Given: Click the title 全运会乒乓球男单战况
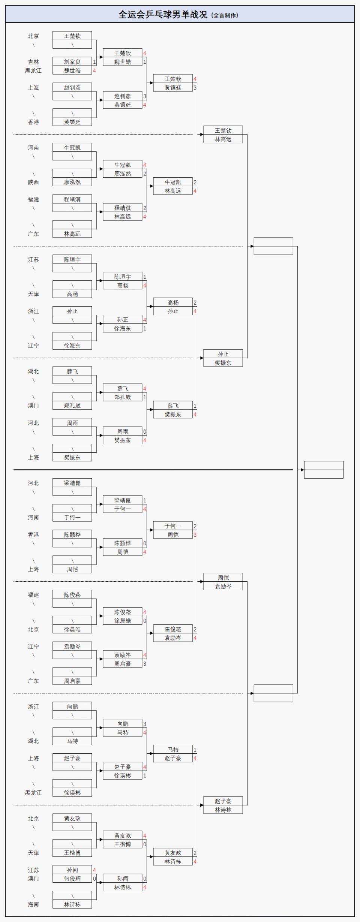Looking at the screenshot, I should point(163,15).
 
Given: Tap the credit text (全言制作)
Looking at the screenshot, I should point(225,15).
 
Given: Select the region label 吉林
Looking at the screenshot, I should point(33,62).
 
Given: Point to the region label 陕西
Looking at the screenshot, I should point(33,182).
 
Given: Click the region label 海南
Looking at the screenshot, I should point(33,904).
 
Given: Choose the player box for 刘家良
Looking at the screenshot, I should point(72,62).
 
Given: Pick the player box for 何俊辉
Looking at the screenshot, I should point(72,879).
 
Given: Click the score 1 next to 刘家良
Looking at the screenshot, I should point(94,62).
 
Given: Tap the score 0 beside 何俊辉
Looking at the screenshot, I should point(94,879).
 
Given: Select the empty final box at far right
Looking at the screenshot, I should point(323,470).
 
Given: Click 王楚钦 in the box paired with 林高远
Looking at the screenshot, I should point(223,130).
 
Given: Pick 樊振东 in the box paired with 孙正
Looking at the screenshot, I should point(223,363).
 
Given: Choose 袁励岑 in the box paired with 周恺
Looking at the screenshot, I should point(223,586).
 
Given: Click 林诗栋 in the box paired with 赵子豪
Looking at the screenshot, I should point(223,810).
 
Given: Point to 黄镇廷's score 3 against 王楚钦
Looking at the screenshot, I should point(195,88).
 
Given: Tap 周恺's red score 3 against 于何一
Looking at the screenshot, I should point(195,535).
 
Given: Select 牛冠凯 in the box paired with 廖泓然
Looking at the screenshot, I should point(122,165).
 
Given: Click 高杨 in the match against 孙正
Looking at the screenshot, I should point(172,302).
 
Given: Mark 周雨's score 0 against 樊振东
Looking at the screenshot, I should point(145,432).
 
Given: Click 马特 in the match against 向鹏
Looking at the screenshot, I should point(122,732).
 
